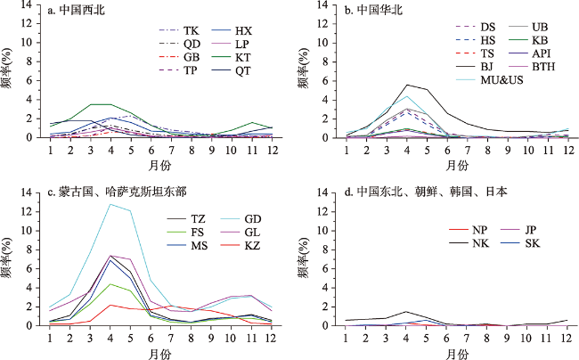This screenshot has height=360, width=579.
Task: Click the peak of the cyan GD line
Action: [x=110, y=204]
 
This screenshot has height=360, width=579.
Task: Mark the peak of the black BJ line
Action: [x=407, y=85]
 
